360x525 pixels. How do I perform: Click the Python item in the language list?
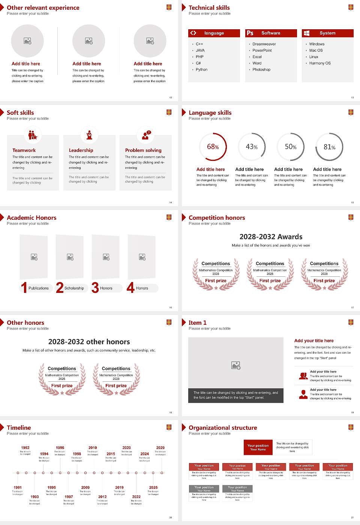coord(201,70)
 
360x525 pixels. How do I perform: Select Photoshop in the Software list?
coord(261,70)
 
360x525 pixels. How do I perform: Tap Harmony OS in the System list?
coord(319,63)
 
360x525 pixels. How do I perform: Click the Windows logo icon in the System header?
coord(307,33)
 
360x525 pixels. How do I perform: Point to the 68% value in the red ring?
coord(213,147)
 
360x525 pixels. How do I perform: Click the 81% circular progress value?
coord(329,147)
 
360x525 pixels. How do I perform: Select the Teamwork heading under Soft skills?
coord(24,150)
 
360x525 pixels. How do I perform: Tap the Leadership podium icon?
coord(89,135)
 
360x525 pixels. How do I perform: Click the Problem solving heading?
coord(143,150)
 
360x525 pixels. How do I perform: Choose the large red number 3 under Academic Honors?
coord(95,288)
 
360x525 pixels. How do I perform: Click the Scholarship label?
coord(74,288)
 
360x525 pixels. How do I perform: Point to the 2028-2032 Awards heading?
coord(271,237)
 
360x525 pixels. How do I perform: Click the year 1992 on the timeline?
coord(25,448)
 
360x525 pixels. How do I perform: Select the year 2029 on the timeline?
coord(160,448)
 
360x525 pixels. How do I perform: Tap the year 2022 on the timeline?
coord(136,497)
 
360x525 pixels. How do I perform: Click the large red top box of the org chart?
coord(258,447)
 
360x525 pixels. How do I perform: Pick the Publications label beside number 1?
coord(38,288)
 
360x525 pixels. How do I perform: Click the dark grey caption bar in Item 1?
coord(235,395)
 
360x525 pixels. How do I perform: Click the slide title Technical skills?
coord(209,8)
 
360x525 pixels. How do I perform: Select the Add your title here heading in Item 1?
coord(313,341)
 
